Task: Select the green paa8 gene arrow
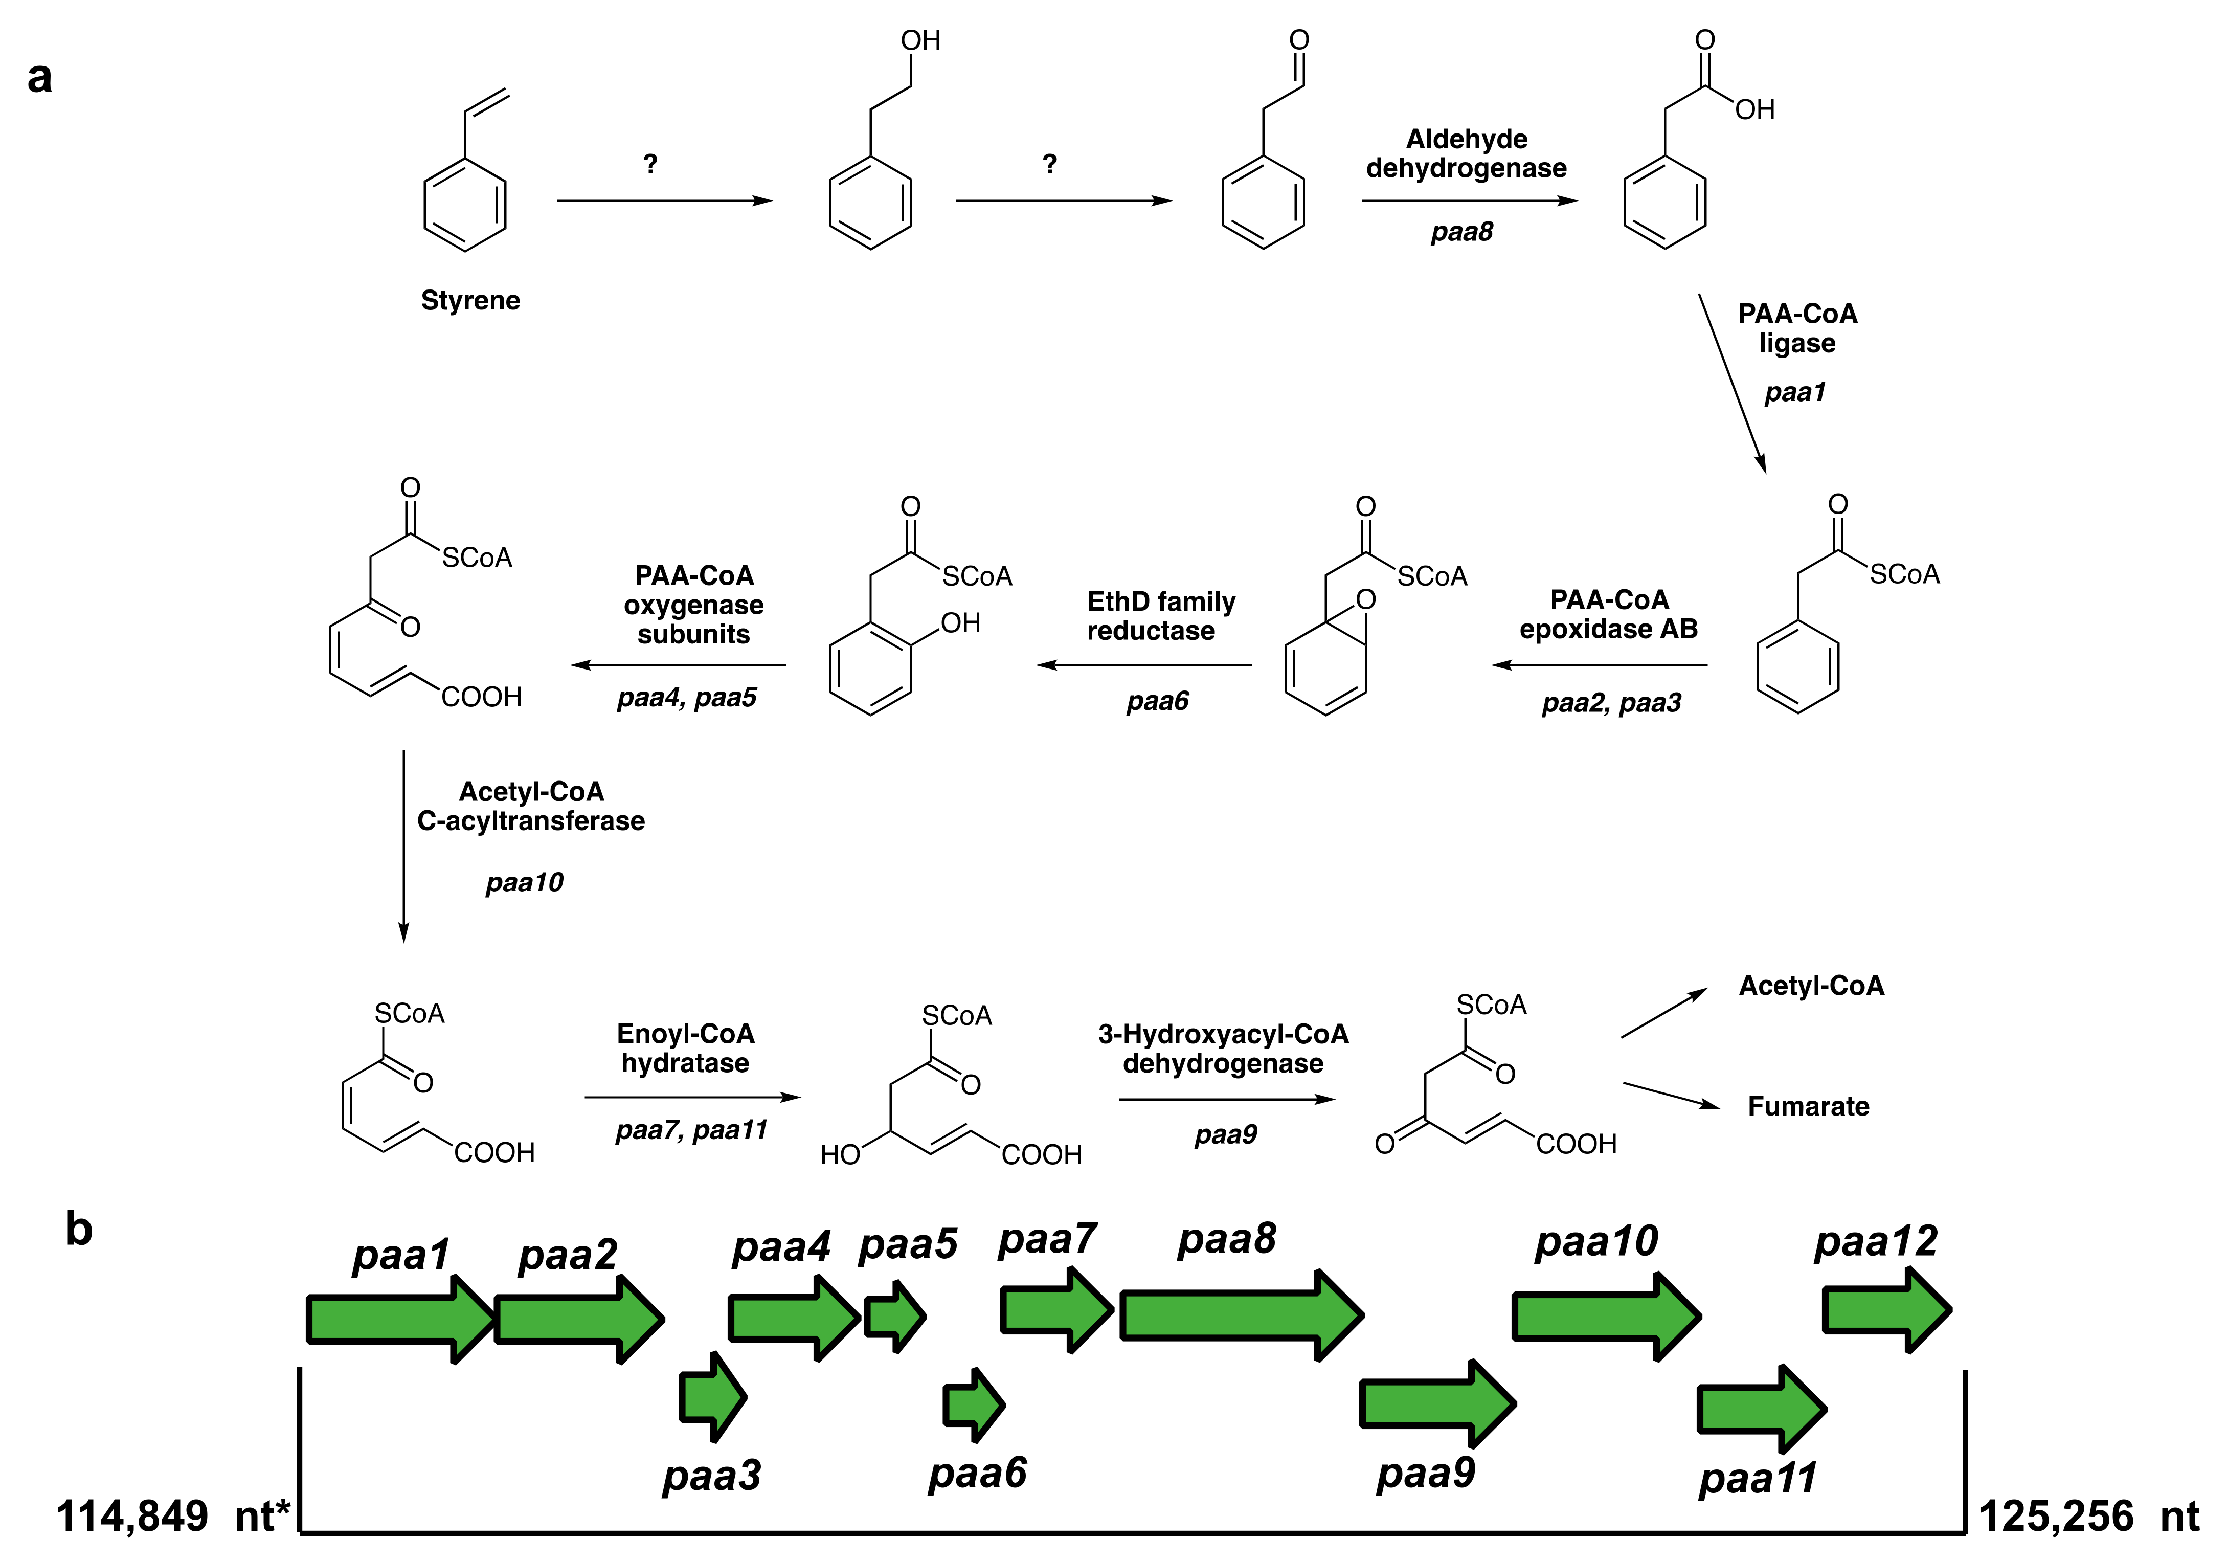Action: point(1242,1315)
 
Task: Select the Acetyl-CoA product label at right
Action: point(1811,986)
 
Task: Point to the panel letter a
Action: point(40,78)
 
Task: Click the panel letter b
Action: point(79,1229)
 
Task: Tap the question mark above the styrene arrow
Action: point(650,164)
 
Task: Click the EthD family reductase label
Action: point(1160,616)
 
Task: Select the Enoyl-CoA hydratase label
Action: point(686,1048)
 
